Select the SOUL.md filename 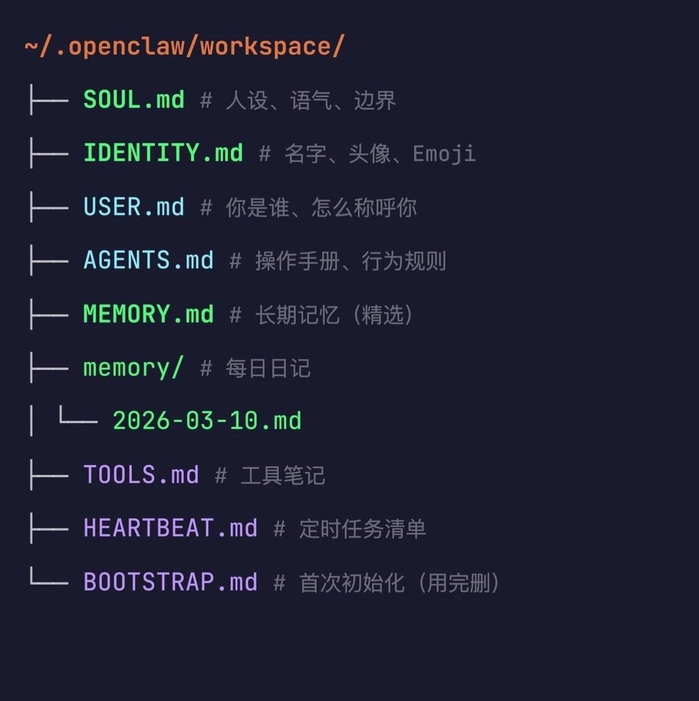(134, 100)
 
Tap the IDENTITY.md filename (163, 153)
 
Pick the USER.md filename (134, 207)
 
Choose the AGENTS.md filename (148, 261)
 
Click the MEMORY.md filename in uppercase (148, 314)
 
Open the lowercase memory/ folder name (133, 368)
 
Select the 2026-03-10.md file (207, 421)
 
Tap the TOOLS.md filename (141, 475)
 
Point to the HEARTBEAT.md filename (171, 529)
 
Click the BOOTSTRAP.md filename (171, 582)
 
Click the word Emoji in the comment (444, 154)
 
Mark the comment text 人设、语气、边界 (311, 100)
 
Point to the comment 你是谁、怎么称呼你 (321, 207)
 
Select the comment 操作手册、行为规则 (351, 261)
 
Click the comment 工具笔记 (283, 476)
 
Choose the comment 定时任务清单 (362, 529)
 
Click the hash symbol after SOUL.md (206, 100)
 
